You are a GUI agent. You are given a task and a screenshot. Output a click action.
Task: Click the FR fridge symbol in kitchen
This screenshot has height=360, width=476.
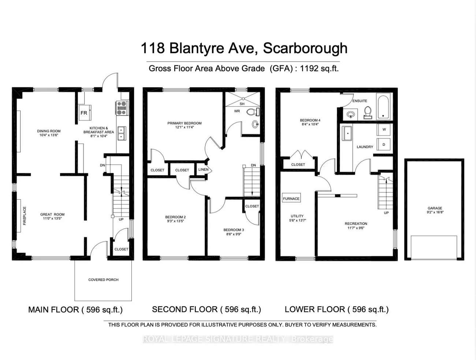(84, 112)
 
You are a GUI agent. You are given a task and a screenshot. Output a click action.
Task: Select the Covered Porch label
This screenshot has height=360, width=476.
(103, 280)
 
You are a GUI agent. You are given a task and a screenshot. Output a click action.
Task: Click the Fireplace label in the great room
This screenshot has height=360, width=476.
(25, 216)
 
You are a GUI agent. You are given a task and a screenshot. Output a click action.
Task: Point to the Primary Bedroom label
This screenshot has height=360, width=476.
(185, 123)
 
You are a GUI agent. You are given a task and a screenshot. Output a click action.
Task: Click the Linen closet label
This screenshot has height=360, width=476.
(203, 170)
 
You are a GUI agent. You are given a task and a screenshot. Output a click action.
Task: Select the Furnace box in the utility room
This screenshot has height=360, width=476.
(291, 198)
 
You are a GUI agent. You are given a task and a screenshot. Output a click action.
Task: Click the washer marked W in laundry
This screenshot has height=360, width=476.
(384, 130)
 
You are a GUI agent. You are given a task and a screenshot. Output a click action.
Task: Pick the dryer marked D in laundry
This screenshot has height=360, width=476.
(384, 144)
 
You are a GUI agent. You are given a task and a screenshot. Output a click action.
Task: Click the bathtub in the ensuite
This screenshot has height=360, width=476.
(383, 107)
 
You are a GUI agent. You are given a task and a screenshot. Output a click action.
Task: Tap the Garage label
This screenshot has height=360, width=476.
(435, 208)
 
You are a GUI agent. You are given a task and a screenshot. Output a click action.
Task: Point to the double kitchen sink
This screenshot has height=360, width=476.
(121, 133)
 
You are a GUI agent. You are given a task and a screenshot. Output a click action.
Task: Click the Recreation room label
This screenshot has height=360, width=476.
(356, 223)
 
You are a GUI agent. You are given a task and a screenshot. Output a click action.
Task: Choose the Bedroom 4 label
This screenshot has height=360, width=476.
(310, 120)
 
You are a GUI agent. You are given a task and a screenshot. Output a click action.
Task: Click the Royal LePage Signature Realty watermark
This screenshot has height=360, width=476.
(238, 339)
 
